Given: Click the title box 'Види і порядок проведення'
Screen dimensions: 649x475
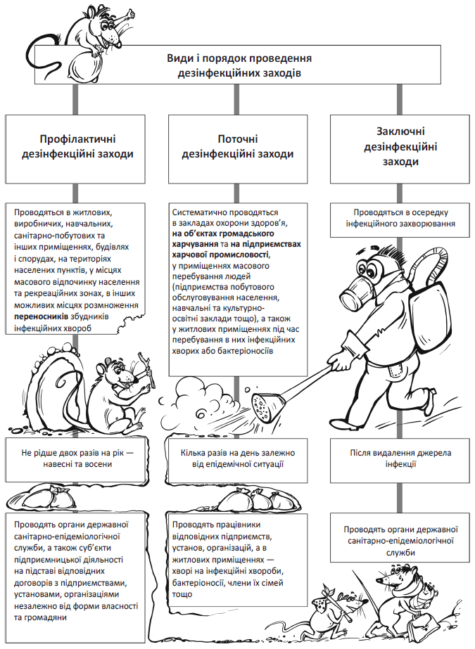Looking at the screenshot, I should point(239,65).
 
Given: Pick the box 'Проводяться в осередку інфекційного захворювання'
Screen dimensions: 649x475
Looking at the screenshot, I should point(400,217).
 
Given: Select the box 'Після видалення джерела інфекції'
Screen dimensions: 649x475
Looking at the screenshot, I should point(400,458).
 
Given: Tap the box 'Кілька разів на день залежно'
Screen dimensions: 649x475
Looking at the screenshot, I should point(238,458).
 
